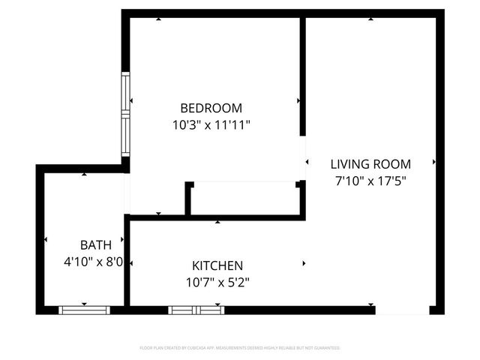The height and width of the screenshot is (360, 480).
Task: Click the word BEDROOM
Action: (211, 108)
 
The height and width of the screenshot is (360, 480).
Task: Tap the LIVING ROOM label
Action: (370, 164)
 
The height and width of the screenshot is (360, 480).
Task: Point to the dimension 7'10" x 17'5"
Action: (370, 181)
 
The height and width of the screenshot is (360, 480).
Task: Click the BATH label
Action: (96, 244)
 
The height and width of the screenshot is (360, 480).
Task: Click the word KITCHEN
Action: (217, 265)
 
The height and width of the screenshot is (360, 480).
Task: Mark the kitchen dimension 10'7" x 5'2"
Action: (217, 283)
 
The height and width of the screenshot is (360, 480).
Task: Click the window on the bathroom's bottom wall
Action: (84, 309)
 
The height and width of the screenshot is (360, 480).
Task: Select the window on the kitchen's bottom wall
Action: (196, 309)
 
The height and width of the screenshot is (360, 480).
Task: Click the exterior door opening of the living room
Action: (402, 310)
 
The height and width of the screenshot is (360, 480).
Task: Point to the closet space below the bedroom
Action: (244, 199)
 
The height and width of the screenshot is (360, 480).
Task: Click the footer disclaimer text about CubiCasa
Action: (240, 348)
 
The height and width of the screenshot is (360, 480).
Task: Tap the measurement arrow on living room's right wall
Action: (434, 162)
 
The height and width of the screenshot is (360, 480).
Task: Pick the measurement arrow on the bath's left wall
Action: (46, 240)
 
